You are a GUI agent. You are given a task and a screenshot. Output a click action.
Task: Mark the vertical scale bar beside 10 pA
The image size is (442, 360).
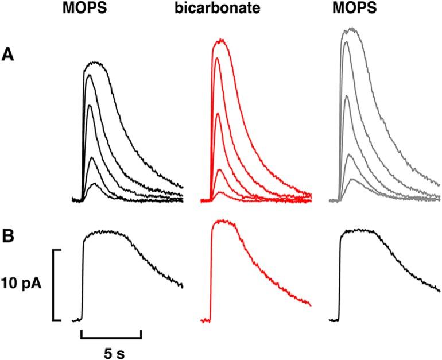click(x=55, y=285)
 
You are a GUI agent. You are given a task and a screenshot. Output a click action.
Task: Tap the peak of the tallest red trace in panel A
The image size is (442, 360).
click(x=220, y=41)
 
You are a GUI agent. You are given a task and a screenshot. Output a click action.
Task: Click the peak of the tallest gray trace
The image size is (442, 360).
click(x=351, y=29)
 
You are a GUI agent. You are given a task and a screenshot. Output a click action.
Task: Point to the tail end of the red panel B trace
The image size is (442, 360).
click(x=310, y=304)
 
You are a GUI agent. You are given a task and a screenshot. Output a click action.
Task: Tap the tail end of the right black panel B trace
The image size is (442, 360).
click(x=439, y=291)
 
